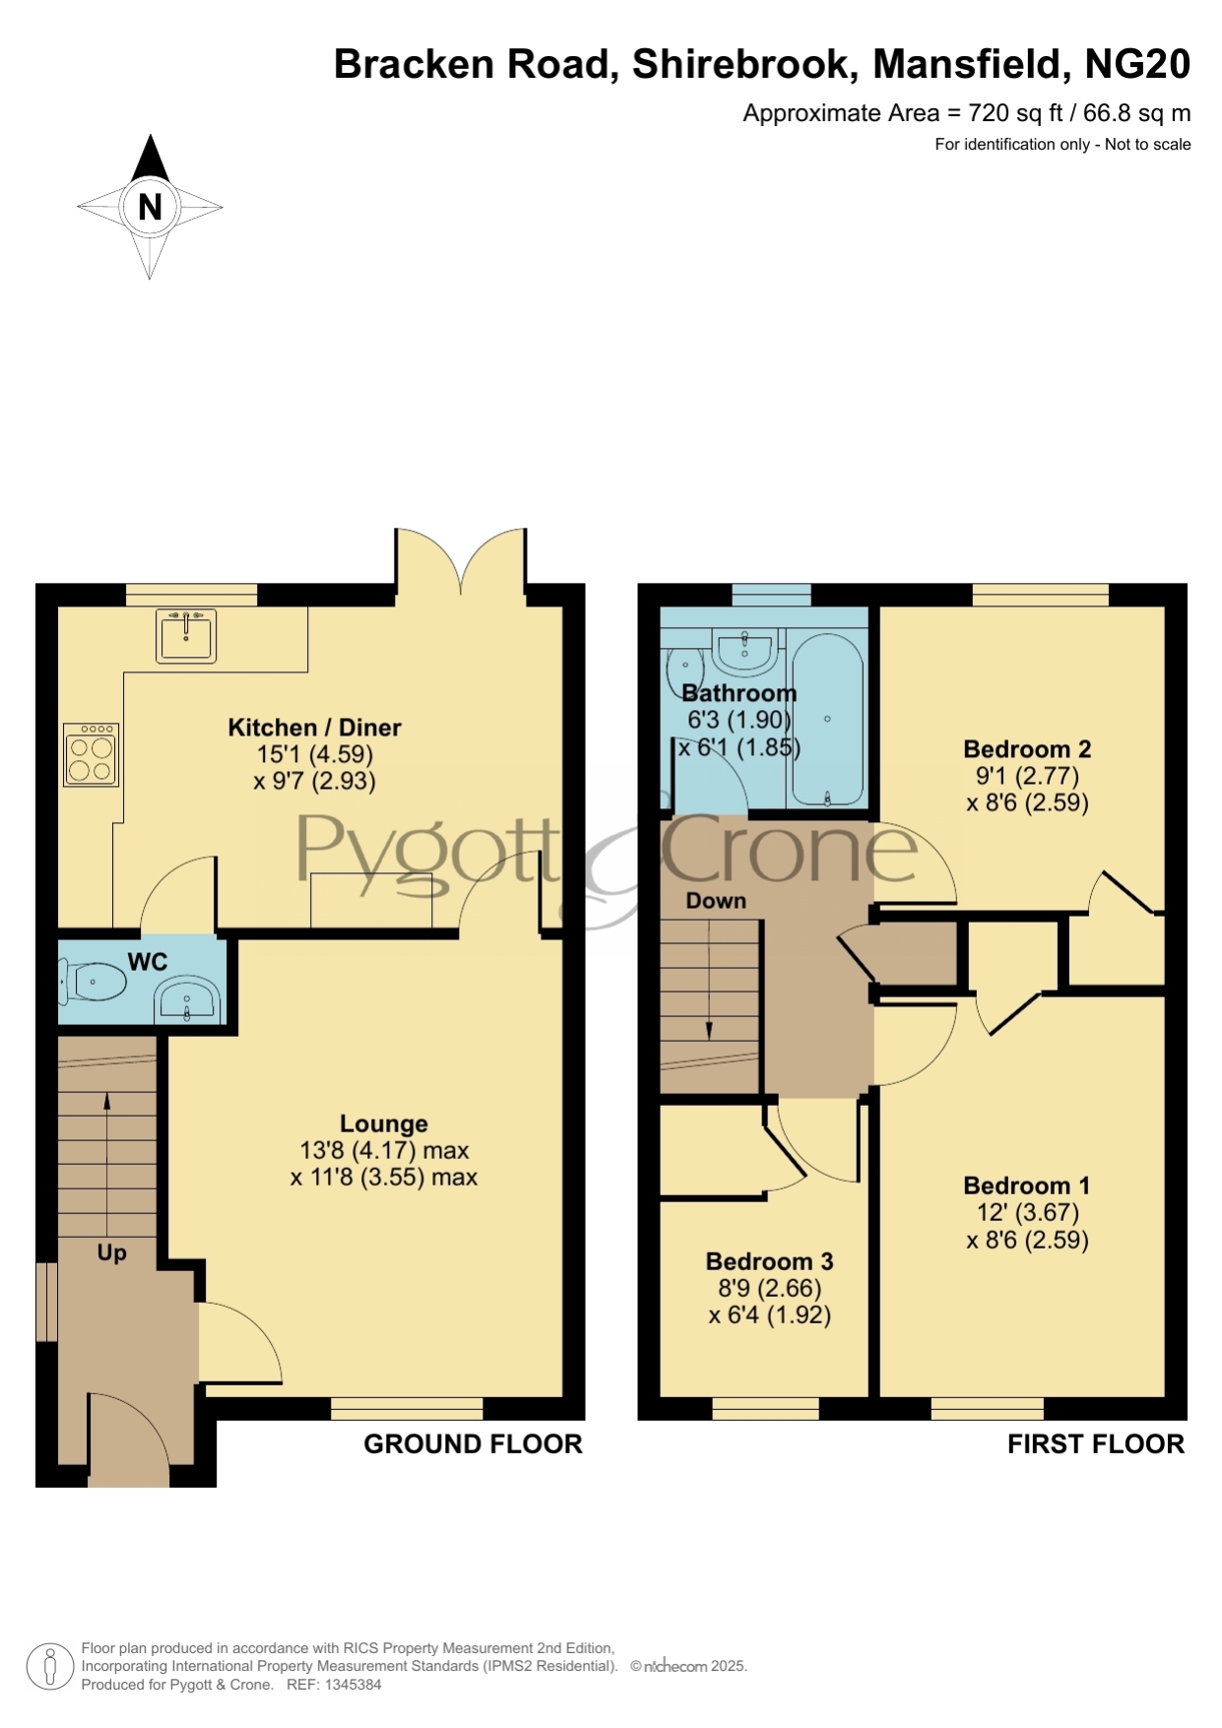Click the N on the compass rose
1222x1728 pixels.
150,207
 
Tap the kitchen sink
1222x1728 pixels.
186,635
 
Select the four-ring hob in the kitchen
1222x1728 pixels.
92,755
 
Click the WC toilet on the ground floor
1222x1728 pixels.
94,981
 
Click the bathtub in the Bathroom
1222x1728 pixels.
827,719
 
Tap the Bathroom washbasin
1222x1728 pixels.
744,650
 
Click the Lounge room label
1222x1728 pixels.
384,1123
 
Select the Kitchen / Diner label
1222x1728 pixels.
315,728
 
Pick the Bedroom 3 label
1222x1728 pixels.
770,1261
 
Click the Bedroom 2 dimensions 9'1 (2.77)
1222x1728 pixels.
1028,776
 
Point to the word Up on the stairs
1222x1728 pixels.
112,1253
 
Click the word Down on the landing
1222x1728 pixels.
716,901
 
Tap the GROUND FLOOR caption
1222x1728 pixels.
474,1443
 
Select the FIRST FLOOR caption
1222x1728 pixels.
1096,1443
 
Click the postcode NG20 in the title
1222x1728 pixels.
1137,64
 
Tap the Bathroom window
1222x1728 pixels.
772,595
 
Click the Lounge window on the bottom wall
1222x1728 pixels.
408,1408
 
